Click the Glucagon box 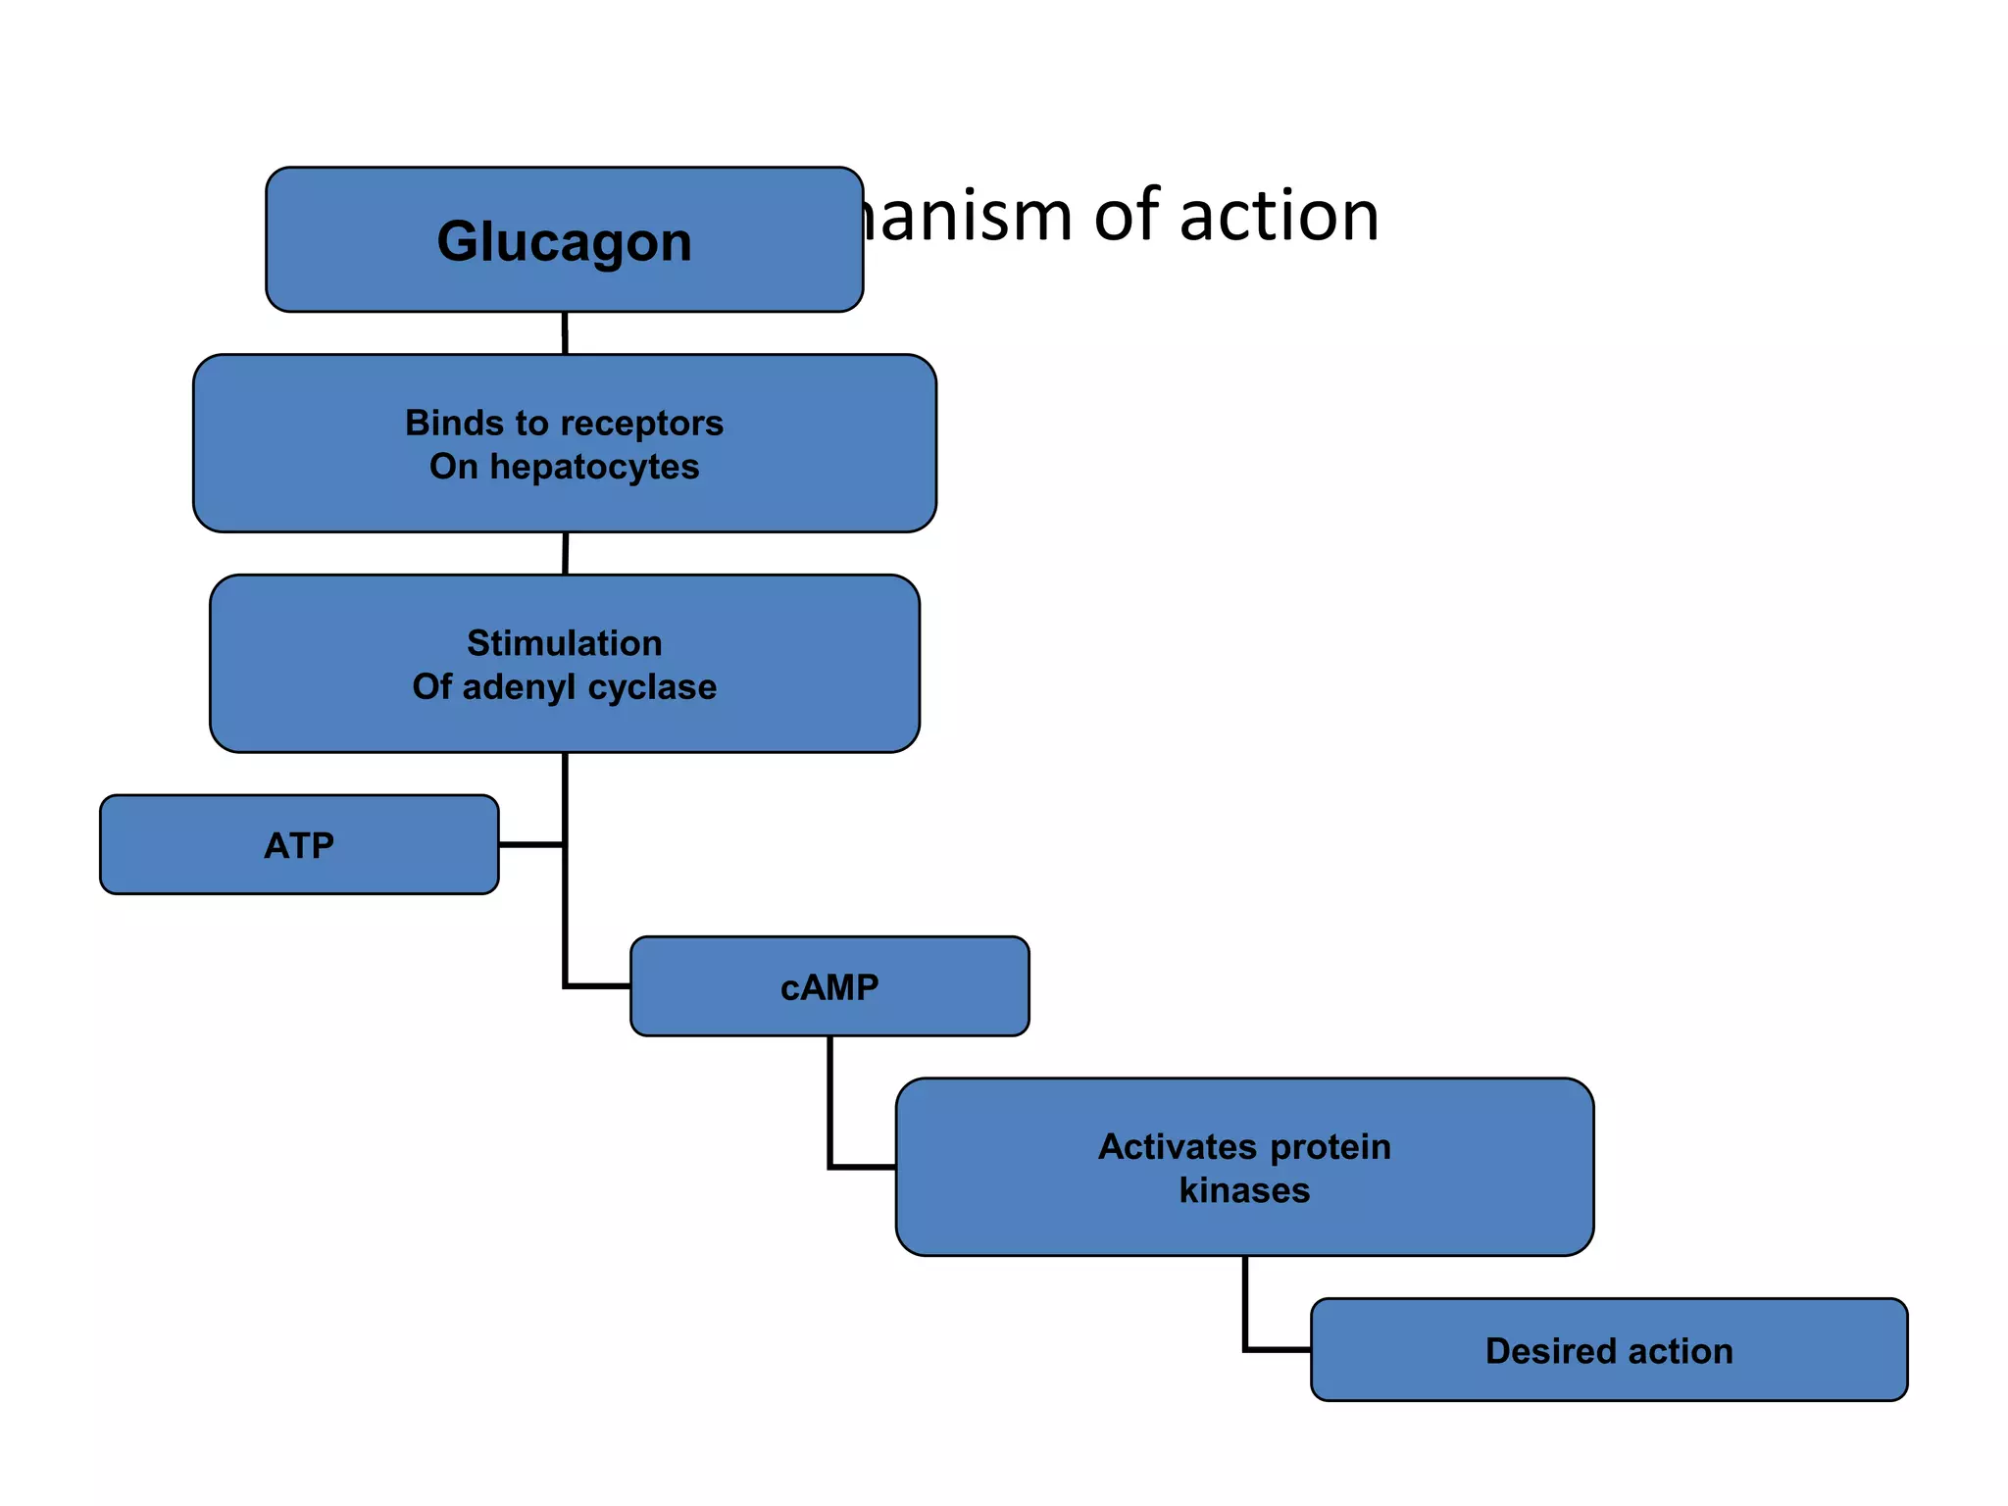click(564, 240)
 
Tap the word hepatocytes click(594, 467)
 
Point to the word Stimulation click(564, 643)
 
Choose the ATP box click(299, 845)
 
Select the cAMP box click(829, 987)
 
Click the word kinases click(1244, 1190)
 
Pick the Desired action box click(1609, 1351)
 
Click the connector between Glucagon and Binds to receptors click(565, 333)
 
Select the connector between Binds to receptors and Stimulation click(566, 554)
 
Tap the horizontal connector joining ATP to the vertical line click(530, 844)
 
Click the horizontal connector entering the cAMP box click(598, 986)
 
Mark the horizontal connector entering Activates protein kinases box click(863, 1167)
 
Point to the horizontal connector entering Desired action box click(1278, 1350)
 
